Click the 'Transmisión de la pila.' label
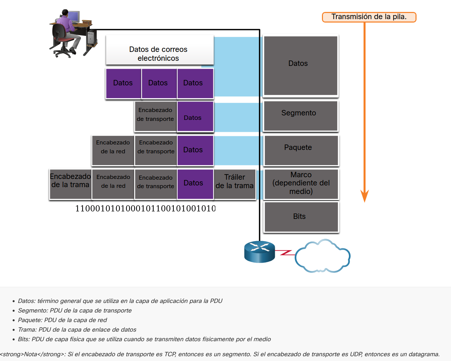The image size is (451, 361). [369, 17]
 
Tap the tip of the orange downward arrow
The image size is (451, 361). [365, 201]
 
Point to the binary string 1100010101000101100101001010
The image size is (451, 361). [145, 208]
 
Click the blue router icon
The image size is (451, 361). [259, 252]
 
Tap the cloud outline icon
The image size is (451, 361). [322, 256]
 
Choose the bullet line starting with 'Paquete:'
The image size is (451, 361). [62, 320]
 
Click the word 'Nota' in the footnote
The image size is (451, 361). [30, 354]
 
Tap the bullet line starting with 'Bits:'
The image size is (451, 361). [144, 339]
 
